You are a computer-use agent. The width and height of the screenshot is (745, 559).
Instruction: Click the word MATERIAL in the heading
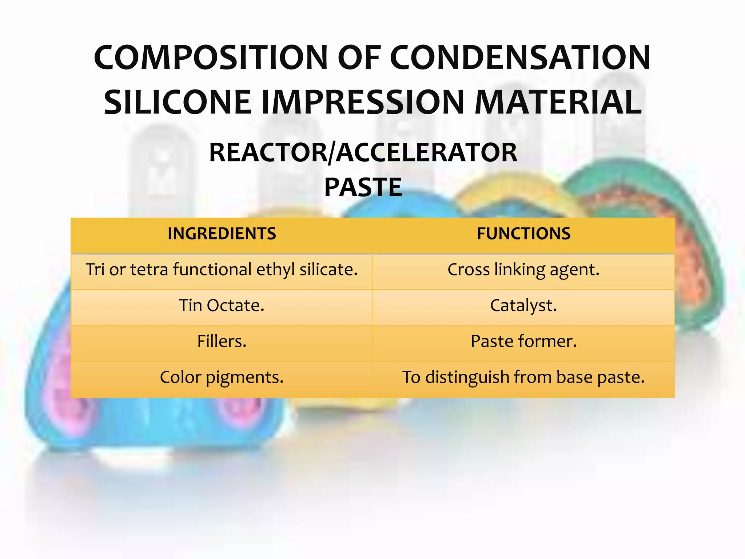click(558, 102)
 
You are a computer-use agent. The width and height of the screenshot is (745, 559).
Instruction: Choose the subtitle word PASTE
click(363, 187)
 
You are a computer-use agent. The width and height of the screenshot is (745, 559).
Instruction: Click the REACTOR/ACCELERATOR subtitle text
click(363, 152)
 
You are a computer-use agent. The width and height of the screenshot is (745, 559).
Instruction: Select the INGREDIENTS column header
click(222, 234)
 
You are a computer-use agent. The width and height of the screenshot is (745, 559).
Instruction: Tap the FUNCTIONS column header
click(523, 234)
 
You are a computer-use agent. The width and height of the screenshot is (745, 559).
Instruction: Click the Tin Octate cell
click(222, 305)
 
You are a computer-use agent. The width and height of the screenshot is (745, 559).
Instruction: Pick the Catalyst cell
click(523, 305)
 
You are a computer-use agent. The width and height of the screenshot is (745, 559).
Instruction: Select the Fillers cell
click(222, 341)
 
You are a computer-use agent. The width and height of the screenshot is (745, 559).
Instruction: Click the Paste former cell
click(523, 341)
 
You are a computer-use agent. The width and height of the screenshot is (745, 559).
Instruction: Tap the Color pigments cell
click(222, 377)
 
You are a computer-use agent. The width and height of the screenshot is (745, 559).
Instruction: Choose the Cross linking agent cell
click(523, 270)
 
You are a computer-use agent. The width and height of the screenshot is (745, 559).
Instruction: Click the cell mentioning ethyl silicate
click(222, 270)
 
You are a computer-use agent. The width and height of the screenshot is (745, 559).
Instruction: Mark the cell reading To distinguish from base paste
click(523, 377)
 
